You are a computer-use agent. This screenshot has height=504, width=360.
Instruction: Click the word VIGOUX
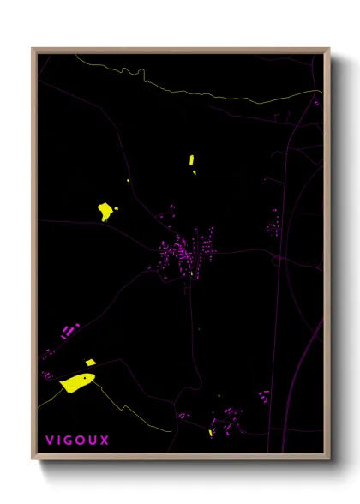click(x=77, y=441)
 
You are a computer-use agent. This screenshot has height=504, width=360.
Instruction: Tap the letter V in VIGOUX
click(x=50, y=441)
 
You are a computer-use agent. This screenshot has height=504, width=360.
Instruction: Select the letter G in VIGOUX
click(x=70, y=441)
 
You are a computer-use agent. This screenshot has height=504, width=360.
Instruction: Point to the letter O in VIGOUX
click(x=81, y=441)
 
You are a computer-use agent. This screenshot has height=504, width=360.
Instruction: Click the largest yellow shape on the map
click(x=76, y=382)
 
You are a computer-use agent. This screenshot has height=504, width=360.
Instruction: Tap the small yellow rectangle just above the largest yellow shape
click(x=89, y=363)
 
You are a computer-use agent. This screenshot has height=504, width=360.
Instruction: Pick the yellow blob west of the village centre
click(x=106, y=211)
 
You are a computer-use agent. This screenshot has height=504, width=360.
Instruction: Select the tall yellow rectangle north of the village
click(x=191, y=159)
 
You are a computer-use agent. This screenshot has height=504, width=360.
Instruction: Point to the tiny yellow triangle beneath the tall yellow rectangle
click(x=195, y=172)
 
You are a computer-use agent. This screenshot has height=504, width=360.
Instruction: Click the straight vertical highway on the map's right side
click(x=281, y=283)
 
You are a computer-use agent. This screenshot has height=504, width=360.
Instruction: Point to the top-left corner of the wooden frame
click(x=33, y=50)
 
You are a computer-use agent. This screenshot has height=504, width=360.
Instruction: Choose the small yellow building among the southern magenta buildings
click(x=211, y=433)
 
